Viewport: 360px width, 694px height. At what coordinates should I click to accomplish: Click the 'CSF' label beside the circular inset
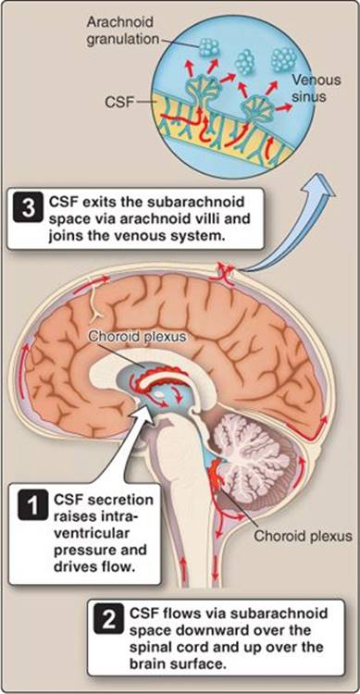pyautogui.click(x=118, y=102)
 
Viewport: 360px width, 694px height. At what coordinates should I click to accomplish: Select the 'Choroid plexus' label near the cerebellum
pyautogui.click(x=303, y=537)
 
